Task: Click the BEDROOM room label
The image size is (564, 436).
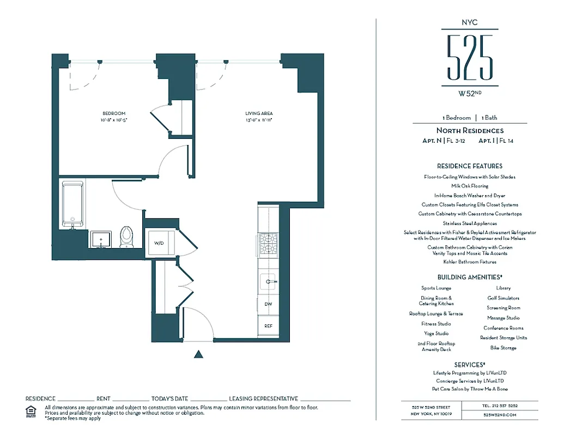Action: [114, 113]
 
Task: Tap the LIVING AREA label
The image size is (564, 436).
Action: [259, 113]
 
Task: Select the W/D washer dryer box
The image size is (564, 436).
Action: [160, 243]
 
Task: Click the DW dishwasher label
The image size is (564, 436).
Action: [268, 304]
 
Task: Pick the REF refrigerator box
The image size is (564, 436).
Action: [268, 326]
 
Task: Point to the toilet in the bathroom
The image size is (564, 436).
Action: [126, 235]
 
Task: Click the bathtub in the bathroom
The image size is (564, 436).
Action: [72, 204]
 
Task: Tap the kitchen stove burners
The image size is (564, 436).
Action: [268, 244]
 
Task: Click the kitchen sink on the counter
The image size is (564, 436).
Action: [268, 282]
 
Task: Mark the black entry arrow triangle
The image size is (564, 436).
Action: [199, 354]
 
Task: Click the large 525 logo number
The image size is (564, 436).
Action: [469, 57]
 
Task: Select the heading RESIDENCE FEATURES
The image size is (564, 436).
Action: [469, 166]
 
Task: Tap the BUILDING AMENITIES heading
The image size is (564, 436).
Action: [469, 277]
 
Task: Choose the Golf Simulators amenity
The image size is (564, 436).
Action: [503, 298]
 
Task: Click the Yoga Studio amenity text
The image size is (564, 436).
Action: [436, 334]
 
